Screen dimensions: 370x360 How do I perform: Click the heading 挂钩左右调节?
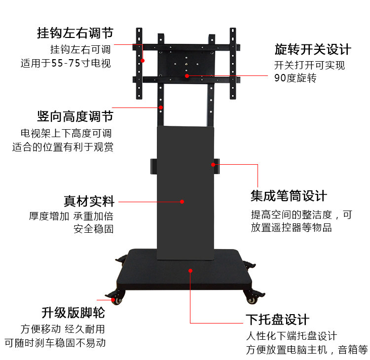click(75, 34)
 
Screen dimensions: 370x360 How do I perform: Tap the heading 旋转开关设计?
click(313, 50)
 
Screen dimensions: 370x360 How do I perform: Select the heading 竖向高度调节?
click(75, 117)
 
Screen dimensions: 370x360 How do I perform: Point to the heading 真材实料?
click(89, 201)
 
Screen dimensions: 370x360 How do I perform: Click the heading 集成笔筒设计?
click(289, 196)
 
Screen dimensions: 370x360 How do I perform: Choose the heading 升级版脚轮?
click(73, 313)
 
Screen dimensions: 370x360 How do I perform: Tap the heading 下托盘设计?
click(278, 320)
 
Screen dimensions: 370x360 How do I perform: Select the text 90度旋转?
click(295, 78)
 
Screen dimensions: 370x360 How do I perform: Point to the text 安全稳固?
click(93, 229)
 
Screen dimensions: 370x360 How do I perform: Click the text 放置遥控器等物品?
click(291, 227)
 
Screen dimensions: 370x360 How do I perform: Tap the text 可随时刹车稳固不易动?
click(55, 343)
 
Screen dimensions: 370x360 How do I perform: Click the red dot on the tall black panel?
click(182, 201)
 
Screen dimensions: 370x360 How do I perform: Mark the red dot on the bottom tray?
click(190, 270)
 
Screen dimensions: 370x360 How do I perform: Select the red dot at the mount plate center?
click(187, 76)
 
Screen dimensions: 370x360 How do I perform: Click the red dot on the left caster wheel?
click(113, 299)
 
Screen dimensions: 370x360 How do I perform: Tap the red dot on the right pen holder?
click(214, 164)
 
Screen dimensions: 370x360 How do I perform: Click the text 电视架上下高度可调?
click(66, 133)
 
